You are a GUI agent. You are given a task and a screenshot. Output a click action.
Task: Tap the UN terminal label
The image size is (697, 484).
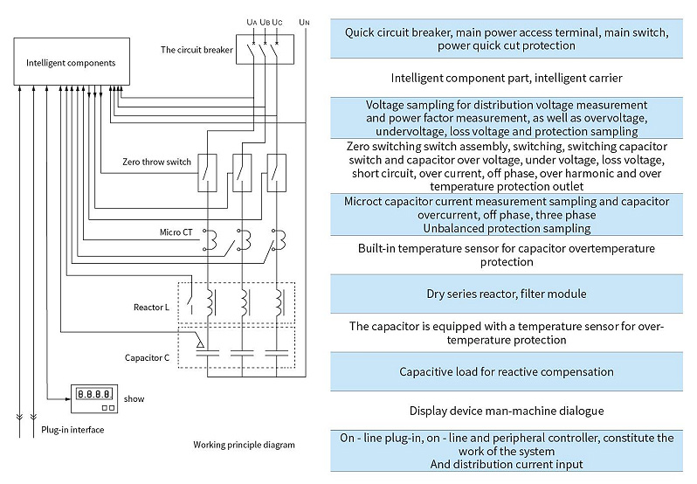(x=304, y=22)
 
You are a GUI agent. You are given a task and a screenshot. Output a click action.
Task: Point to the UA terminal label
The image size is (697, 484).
(x=252, y=22)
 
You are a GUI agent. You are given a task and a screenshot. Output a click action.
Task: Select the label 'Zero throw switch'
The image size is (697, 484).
(x=156, y=162)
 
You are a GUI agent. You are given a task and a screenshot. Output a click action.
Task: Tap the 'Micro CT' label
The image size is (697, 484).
(x=176, y=232)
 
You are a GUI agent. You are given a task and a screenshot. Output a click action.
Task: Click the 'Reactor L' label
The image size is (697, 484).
(x=151, y=308)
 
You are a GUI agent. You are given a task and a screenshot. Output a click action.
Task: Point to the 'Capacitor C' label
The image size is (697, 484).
(x=147, y=358)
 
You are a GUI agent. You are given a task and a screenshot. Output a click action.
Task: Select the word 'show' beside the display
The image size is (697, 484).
(x=134, y=398)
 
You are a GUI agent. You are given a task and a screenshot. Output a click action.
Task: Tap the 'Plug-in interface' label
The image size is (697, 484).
(x=72, y=430)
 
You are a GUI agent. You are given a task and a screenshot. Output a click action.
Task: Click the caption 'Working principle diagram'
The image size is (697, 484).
(x=244, y=445)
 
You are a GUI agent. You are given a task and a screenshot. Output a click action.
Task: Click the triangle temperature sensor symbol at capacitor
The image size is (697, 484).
(x=201, y=343)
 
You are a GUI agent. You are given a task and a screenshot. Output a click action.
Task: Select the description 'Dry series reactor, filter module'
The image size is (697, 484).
(x=507, y=294)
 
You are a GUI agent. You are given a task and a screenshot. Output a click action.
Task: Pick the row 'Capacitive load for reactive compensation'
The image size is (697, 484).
(x=507, y=371)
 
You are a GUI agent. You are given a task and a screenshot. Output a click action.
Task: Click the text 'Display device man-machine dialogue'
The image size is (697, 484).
(x=507, y=411)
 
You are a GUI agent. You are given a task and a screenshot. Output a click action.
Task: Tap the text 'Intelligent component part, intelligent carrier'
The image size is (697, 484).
(x=507, y=79)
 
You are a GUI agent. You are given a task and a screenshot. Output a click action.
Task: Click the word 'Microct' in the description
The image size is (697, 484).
(x=362, y=201)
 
